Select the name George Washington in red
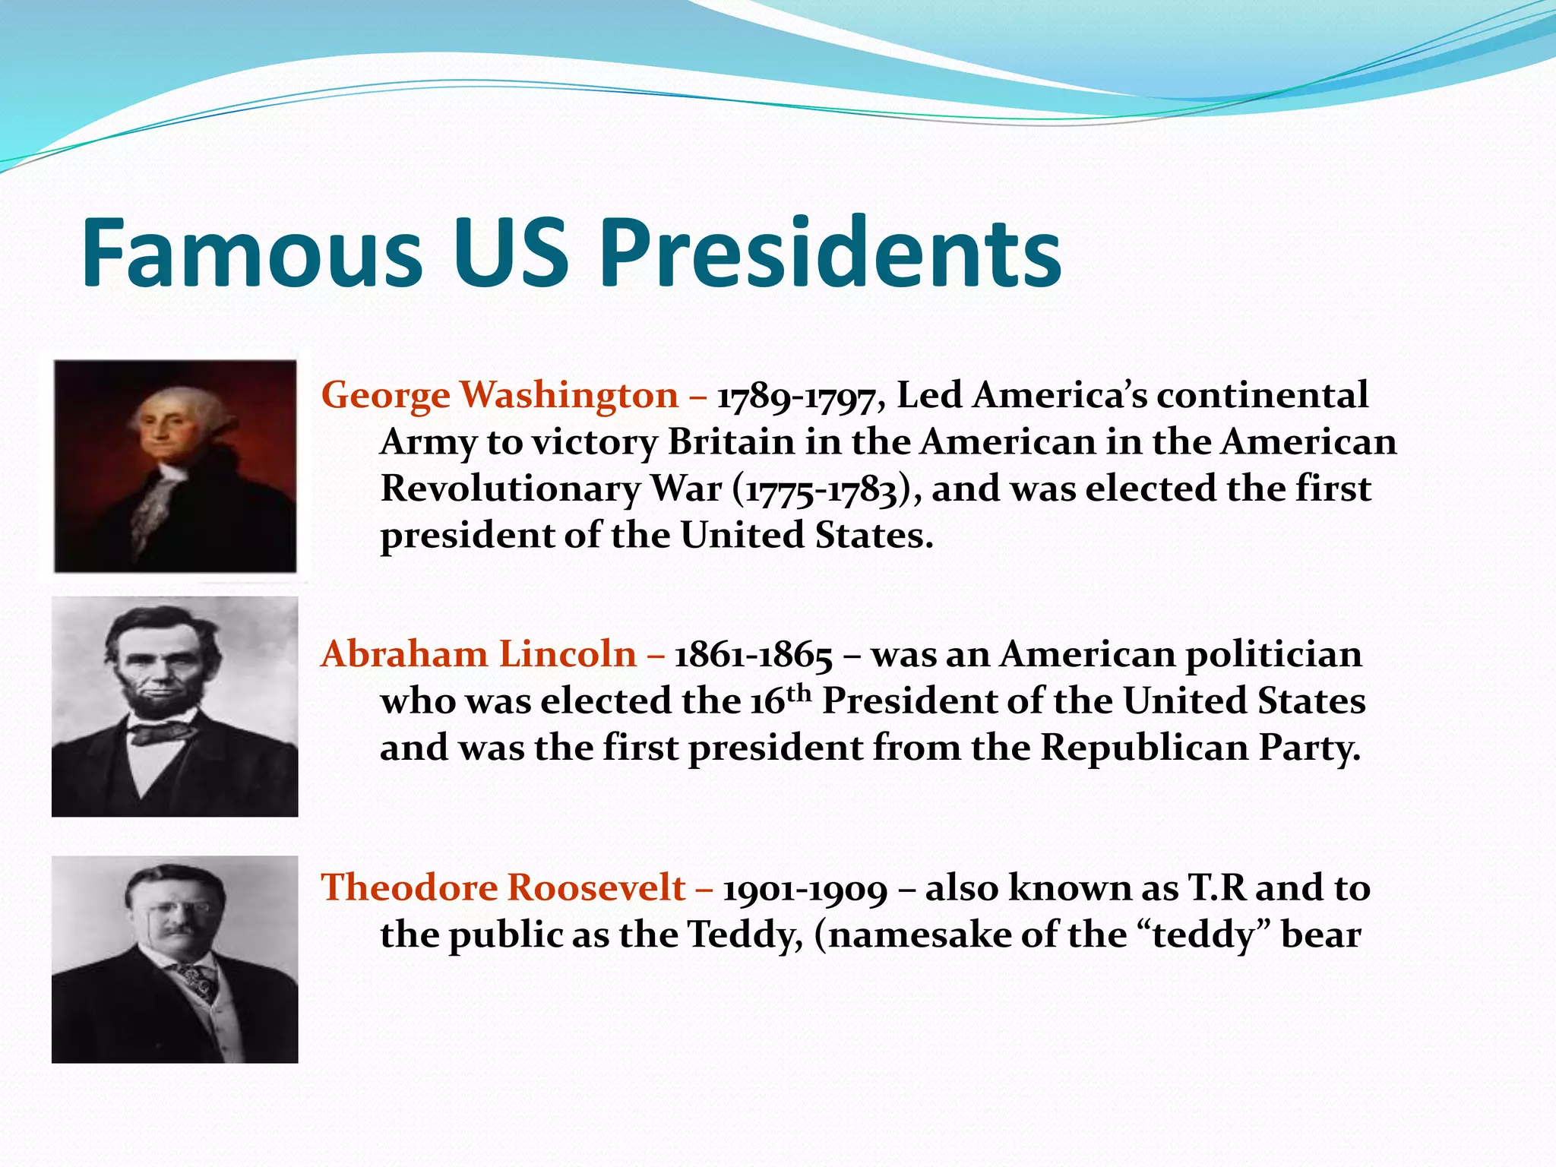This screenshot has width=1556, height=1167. pos(499,396)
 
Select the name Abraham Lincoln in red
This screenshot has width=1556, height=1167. pos(479,654)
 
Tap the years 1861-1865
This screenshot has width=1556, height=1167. pos(753,656)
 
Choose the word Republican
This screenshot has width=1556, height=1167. pos(1144,748)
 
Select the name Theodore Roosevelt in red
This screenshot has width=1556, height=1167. pos(503,887)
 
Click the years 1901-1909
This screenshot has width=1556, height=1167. pos(805,889)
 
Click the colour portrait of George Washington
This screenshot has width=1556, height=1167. pos(175,466)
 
